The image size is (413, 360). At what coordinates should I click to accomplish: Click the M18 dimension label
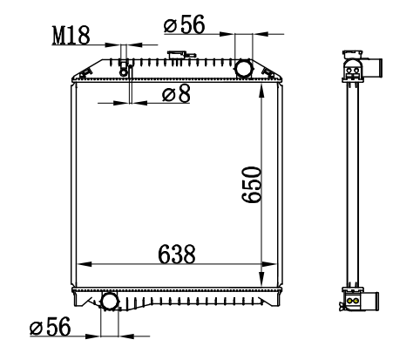point(71,36)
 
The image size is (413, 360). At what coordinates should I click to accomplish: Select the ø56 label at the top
point(185,24)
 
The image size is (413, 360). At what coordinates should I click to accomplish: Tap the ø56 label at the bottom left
point(51,326)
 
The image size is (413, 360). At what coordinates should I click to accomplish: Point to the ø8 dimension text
point(176,93)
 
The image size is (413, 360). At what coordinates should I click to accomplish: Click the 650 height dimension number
point(252,184)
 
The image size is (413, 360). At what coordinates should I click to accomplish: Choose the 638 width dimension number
point(177,255)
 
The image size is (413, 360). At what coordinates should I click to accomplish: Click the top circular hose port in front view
point(244,68)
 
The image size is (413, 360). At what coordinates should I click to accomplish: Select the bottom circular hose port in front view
point(110,302)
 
